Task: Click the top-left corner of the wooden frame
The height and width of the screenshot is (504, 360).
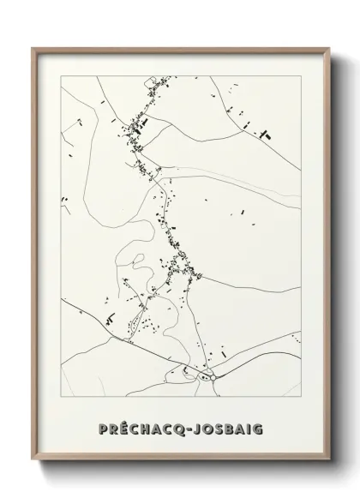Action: (33, 47)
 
